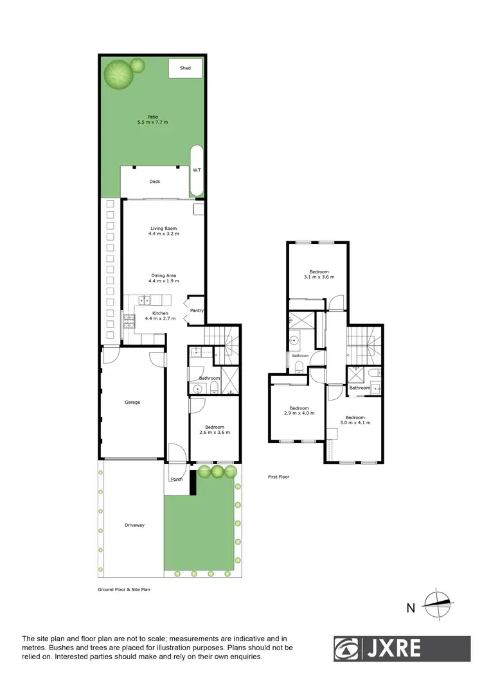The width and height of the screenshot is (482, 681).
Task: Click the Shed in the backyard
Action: coord(185,68)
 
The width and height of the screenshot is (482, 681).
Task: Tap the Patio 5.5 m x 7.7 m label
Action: coord(152,119)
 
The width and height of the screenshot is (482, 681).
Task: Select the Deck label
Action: coord(154,182)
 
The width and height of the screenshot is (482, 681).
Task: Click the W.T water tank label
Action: coord(197,170)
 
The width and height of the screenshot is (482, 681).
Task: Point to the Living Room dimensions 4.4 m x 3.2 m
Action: coord(163,234)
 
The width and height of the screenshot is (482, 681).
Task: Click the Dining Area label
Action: coord(163,275)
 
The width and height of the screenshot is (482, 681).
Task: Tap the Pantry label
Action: coord(197,311)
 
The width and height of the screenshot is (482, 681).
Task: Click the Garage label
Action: coord(132,402)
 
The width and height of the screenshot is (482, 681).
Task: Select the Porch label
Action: coord(176,479)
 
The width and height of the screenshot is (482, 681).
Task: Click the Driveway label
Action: coord(134,525)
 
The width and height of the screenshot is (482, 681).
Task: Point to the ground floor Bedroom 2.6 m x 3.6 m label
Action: coord(214,429)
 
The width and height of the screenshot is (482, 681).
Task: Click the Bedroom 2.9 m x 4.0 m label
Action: coord(299,411)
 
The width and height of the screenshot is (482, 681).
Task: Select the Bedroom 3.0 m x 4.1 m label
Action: coord(355,419)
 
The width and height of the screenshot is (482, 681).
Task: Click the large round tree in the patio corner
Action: coord(119,74)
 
